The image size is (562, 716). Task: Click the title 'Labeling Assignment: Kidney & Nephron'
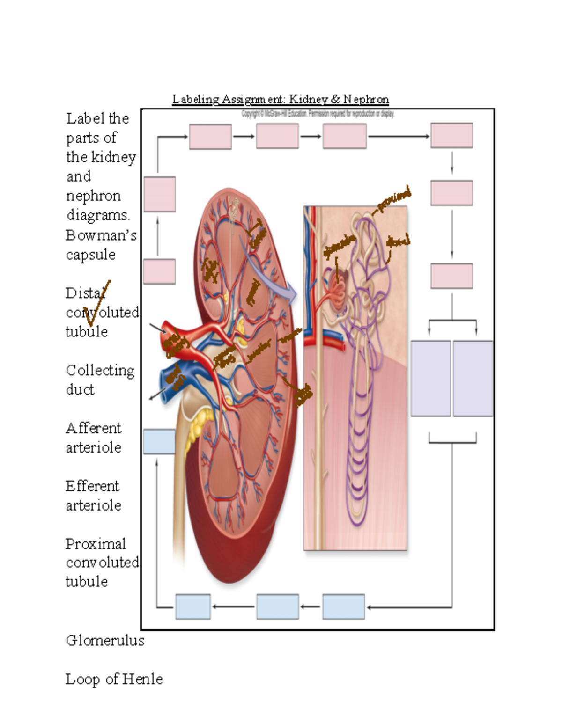[x=280, y=99]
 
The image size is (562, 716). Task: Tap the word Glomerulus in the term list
[x=105, y=640]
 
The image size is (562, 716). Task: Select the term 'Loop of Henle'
[x=114, y=679]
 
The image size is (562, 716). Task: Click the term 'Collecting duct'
[x=100, y=380]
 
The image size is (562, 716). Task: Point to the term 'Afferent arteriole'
[x=93, y=438]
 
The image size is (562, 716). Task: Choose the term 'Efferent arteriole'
[x=93, y=496]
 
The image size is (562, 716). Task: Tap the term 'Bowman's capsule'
[x=100, y=245]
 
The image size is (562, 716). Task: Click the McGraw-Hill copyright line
[x=318, y=114]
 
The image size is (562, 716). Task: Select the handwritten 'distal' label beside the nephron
[x=398, y=241]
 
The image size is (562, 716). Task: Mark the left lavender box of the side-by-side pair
[x=430, y=378]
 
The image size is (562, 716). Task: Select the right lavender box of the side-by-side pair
[x=473, y=378]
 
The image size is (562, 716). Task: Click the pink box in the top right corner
[x=451, y=136]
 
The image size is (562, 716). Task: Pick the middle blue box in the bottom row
[x=277, y=606]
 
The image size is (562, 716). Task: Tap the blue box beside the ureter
[x=159, y=441]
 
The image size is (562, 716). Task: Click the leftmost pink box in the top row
[x=210, y=137]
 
